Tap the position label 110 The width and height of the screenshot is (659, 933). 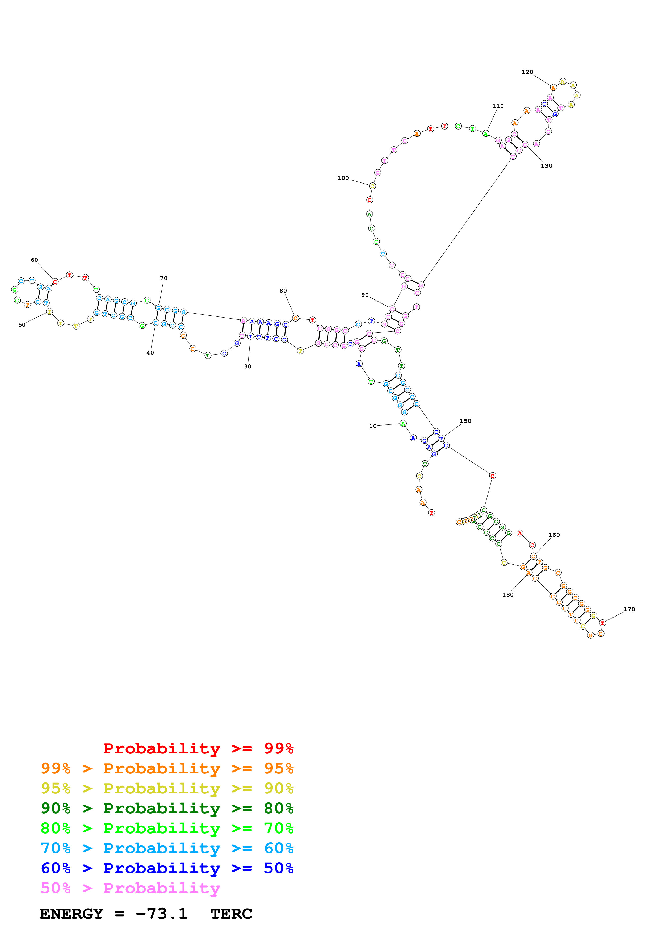[498, 106]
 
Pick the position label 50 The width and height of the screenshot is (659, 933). [22, 325]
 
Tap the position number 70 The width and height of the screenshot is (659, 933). [164, 278]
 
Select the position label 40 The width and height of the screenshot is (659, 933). [150, 353]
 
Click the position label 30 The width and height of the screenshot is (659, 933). [247, 366]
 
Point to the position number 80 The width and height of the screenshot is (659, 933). [283, 291]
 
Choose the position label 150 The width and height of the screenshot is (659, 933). [465, 421]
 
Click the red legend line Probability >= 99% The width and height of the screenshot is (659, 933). [198, 748]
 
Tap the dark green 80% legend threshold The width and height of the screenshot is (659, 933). [279, 808]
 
